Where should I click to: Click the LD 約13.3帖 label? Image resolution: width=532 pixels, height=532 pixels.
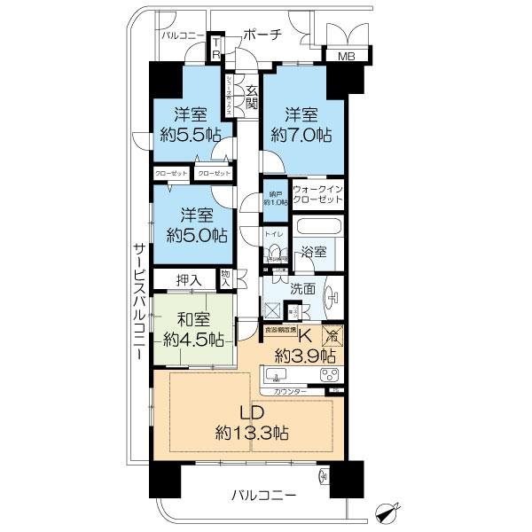(251, 423)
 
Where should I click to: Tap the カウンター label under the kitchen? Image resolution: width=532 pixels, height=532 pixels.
(290, 391)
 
